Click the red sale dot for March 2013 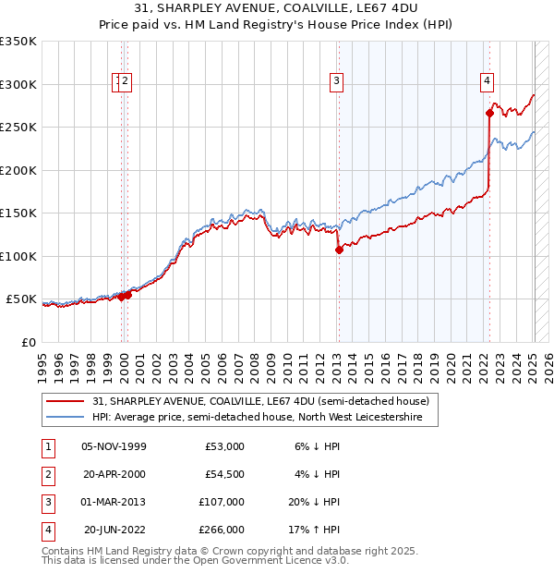[x=339, y=250]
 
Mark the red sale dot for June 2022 [x=489, y=114]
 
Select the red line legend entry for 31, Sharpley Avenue [x=260, y=402]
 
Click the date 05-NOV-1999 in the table [x=114, y=446]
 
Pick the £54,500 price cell [x=224, y=474]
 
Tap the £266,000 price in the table [x=222, y=530]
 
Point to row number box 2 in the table [x=46, y=474]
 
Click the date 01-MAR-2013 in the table [x=114, y=502]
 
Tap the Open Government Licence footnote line [x=195, y=560]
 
